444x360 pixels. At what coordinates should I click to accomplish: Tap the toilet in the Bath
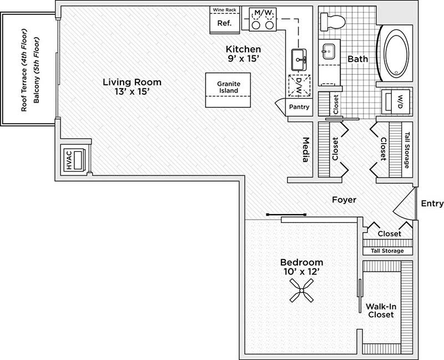[x=334, y=22]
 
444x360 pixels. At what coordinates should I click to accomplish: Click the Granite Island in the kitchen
[x=228, y=88]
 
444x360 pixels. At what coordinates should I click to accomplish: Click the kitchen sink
[x=300, y=57]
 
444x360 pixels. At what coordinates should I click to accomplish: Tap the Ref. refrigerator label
[x=224, y=23]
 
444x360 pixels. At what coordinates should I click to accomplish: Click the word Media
[x=305, y=150]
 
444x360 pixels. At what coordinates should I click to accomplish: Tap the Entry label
[x=432, y=204]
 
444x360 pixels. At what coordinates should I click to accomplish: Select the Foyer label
[x=344, y=200]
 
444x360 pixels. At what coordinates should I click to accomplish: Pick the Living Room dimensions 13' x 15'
[x=127, y=92]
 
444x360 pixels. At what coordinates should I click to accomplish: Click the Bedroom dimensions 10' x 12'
[x=301, y=272]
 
